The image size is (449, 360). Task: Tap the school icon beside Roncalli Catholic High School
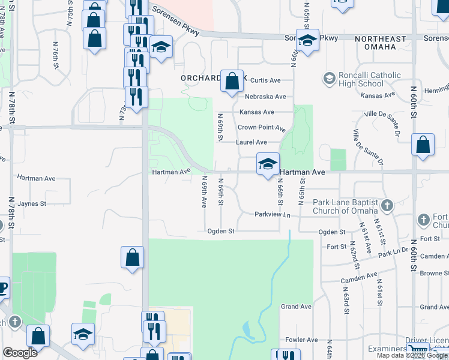[x=328, y=79]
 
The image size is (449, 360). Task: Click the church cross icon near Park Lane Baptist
[x=387, y=206]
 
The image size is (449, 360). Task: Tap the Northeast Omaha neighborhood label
[x=384, y=42]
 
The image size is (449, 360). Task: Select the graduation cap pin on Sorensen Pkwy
[x=307, y=41]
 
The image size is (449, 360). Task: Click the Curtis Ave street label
[x=265, y=80]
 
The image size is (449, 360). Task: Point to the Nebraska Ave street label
[x=265, y=97]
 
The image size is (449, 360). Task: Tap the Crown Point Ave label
[x=261, y=128]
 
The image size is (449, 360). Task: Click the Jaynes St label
[x=32, y=204]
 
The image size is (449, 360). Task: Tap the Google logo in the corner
[x=20, y=352]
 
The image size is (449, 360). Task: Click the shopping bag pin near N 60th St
[x=423, y=145]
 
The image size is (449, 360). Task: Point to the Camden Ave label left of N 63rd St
[x=358, y=278]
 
